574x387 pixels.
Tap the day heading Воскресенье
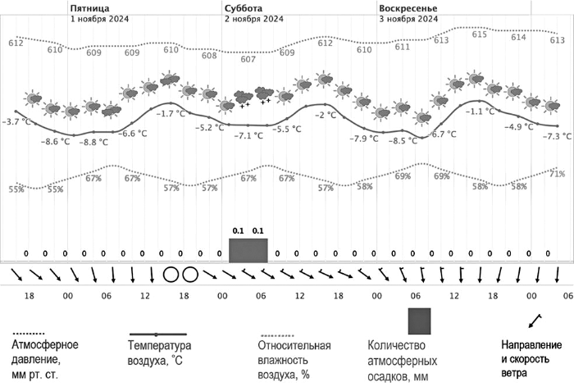(x=408, y=7)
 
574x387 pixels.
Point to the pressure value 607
(x=248, y=59)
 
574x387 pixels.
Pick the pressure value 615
(x=480, y=34)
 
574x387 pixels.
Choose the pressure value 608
(x=209, y=56)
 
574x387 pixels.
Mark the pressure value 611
(x=402, y=47)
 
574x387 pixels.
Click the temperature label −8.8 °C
(x=93, y=143)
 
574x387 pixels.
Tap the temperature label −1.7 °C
(x=171, y=113)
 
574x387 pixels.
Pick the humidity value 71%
(x=557, y=174)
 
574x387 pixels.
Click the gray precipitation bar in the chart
(x=248, y=251)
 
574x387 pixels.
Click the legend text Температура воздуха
(x=159, y=352)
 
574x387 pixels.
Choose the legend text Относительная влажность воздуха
(x=295, y=358)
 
